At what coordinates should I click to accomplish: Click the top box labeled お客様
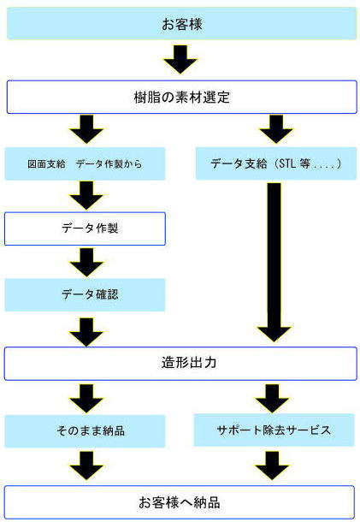coord(181,24)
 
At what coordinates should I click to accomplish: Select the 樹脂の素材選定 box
coord(181,97)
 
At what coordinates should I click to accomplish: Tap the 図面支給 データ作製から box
coord(85,163)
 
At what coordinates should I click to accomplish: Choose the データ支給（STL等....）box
coord(276,163)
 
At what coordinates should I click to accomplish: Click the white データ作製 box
coord(85,228)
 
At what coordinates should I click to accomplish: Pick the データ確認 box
coord(85,294)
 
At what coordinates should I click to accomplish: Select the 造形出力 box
coord(180,363)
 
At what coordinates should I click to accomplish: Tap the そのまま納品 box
coord(85,430)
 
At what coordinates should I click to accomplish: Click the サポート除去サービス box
coord(274,430)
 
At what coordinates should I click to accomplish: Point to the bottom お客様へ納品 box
coord(180,502)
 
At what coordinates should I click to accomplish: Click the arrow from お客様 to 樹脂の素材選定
coord(180,59)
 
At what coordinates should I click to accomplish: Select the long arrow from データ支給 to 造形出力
coord(274,263)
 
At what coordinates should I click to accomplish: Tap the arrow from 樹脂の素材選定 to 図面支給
coord(86,129)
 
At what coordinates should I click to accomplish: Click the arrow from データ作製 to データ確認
coord(86,263)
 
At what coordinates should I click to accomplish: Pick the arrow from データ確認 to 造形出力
coord(86,332)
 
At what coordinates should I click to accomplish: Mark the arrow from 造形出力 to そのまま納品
coord(86,399)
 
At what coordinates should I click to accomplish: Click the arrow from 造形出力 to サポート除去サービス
coord(272,399)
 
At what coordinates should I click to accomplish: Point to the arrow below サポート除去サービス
coord(272,466)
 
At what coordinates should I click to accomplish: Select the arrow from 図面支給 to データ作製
coord(86,195)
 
